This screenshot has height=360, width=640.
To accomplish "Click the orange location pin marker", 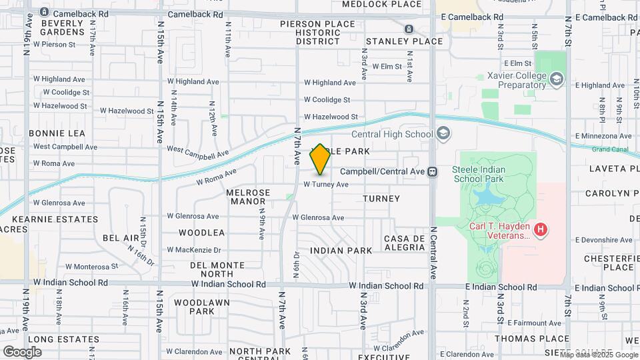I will click(320, 159).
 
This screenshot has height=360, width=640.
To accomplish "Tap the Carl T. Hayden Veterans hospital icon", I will click(541, 230).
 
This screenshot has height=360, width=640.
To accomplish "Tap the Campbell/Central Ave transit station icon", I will click(433, 171).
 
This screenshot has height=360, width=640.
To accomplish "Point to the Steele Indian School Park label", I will click(479, 174).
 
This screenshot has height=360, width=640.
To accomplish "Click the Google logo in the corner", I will click(22, 351).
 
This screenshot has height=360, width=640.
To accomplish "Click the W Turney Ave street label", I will click(326, 185).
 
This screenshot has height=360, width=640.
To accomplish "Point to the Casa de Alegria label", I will click(405, 243).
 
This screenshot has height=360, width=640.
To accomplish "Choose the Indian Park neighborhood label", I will click(341, 251).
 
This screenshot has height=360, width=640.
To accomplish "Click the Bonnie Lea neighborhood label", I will click(57, 133).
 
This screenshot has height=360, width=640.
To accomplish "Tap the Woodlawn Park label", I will click(193, 307).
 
